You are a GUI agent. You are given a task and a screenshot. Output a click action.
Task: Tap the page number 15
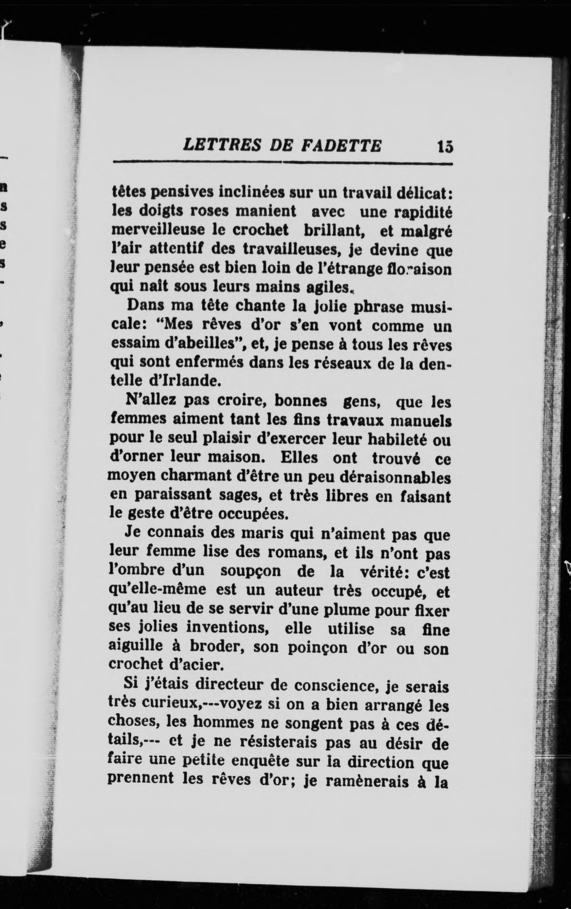(x=444, y=146)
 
